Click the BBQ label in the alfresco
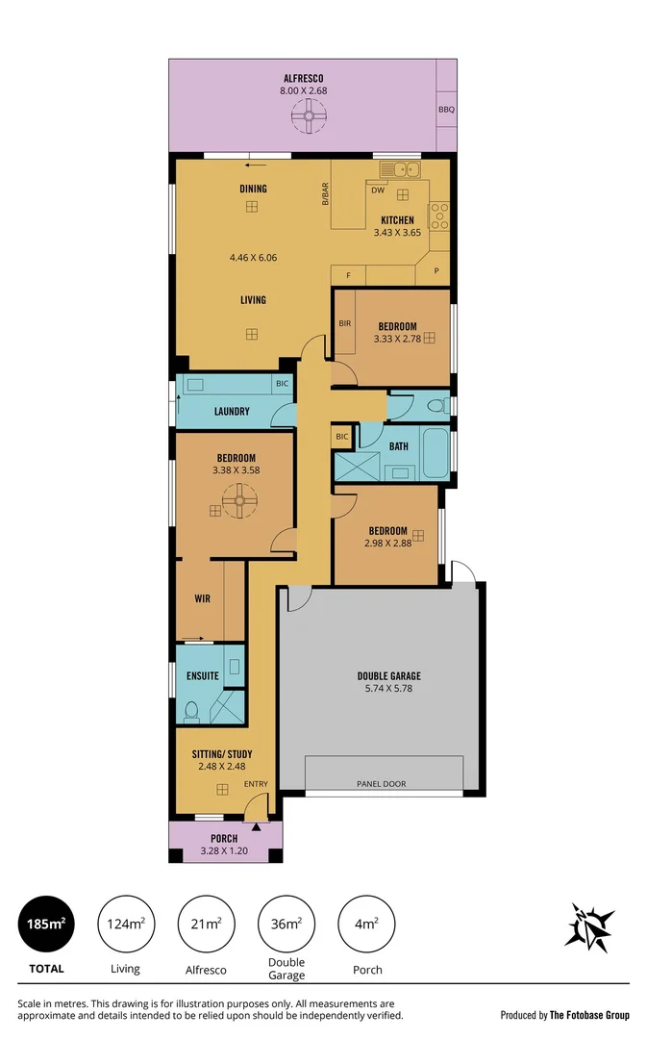pyautogui.click(x=446, y=110)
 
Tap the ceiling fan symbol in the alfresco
pyautogui.click(x=310, y=118)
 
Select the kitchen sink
pyautogui.click(x=400, y=170)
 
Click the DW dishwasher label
pyautogui.click(x=378, y=190)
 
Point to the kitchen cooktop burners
pyautogui.click(x=438, y=215)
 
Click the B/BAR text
pyautogui.click(x=325, y=193)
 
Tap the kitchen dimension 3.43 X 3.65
pyautogui.click(x=397, y=232)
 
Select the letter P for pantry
pyautogui.click(x=435, y=270)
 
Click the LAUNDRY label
pyautogui.click(x=232, y=412)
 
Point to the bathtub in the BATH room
pyautogui.click(x=435, y=454)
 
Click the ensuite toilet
pyautogui.click(x=191, y=710)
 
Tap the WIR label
pyautogui.click(x=203, y=598)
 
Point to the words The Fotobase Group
pyautogui.click(x=589, y=1015)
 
